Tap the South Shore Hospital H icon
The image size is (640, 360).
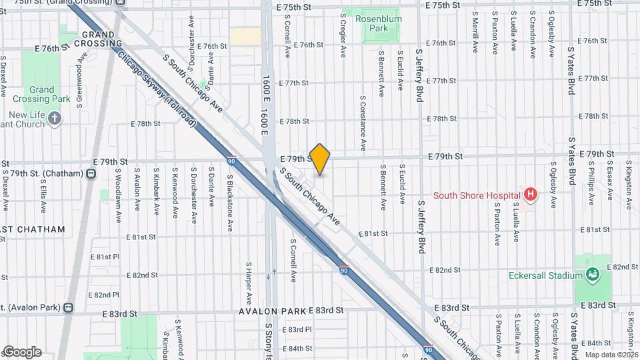(530, 195)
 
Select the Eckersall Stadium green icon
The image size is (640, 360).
(591, 274)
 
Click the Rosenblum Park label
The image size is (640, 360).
(379, 24)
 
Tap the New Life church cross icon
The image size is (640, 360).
(55, 119)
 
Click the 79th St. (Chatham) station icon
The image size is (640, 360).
(91, 174)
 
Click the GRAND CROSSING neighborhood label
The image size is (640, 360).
(103, 39)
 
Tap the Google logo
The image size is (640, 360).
(21, 351)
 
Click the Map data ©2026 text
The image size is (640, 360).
(611, 354)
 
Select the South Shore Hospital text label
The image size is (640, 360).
(476, 195)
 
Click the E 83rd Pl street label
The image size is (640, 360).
(297, 329)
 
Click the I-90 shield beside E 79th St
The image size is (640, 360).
(231, 161)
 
